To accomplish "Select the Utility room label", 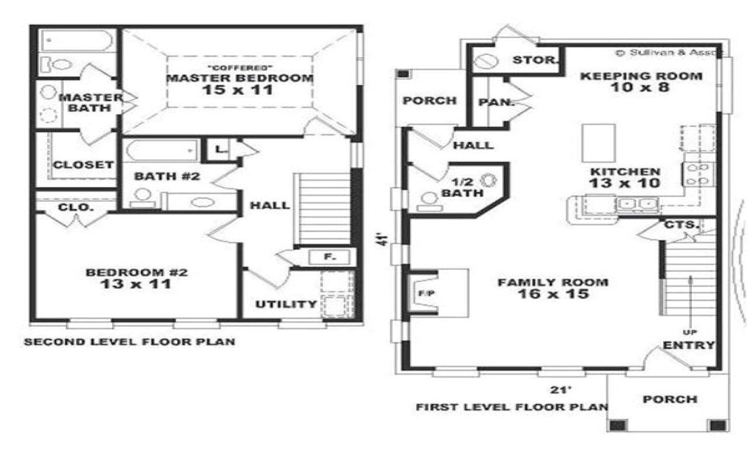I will pos(286,304).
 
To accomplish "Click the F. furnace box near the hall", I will pos(328,257).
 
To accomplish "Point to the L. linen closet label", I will pos(220,150).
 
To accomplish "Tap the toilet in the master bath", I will pos(58,64).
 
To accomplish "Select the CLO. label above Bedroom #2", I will pos(75,207).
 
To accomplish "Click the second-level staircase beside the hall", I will pos(324,208).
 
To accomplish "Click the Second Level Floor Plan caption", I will pos(130,342).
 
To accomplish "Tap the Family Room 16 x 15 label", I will pos(552,288).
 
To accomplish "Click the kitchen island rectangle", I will pos(598,143).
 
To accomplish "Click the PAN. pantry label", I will pos(496,102).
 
